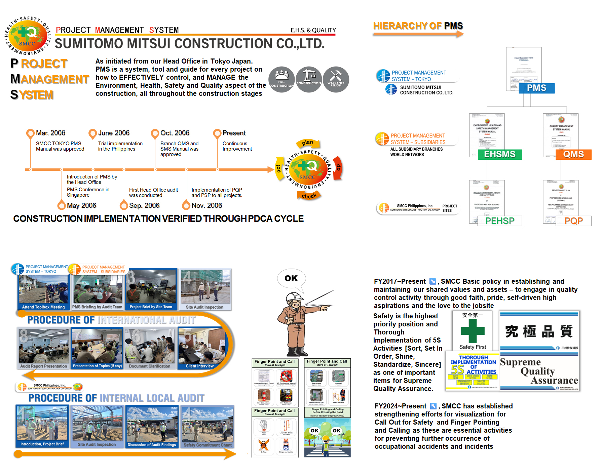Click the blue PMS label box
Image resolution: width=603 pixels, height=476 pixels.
click(x=536, y=88)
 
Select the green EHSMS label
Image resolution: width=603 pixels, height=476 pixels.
click(x=500, y=154)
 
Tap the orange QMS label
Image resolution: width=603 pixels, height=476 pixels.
click(x=573, y=154)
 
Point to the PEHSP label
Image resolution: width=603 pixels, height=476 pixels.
click(x=500, y=221)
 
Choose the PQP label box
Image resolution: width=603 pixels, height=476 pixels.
click(x=573, y=221)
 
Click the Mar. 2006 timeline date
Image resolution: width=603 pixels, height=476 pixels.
click(x=50, y=133)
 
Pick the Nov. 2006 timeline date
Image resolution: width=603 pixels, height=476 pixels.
click(x=206, y=205)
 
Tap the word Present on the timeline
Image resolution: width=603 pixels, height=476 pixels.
click(x=234, y=133)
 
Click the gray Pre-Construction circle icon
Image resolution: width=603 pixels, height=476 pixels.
click(x=281, y=80)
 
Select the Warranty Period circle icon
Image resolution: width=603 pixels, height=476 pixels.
click(x=336, y=80)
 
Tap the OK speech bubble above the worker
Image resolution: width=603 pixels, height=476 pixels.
click(x=291, y=278)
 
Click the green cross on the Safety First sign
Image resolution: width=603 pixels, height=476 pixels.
click(x=473, y=331)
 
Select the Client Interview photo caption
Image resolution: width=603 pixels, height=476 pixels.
click(x=199, y=366)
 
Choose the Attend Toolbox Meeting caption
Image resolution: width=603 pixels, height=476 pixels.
click(x=43, y=307)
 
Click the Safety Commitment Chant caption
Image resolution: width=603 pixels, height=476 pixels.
click(x=208, y=445)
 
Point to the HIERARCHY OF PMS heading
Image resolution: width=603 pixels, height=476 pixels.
click(x=418, y=26)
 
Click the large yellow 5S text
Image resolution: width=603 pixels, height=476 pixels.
click(x=457, y=370)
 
